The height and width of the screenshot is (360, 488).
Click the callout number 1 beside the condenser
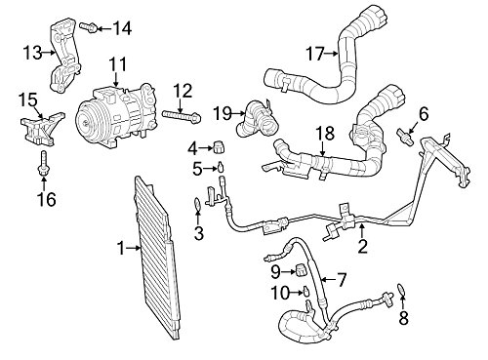click(x=121, y=250)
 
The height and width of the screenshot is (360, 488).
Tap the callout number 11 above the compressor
click(x=117, y=64)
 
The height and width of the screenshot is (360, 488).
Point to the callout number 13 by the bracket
click(x=31, y=50)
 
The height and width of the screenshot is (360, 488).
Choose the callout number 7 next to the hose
click(x=341, y=280)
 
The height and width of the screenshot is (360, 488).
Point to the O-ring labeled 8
click(x=400, y=288)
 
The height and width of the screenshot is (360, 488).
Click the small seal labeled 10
click(x=306, y=290)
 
